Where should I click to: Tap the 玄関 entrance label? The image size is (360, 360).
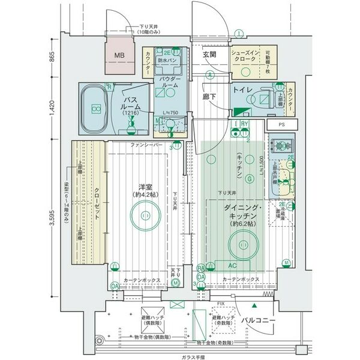pyautogui.click(x=209, y=55)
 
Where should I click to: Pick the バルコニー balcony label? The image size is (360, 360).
pyautogui.click(x=259, y=320)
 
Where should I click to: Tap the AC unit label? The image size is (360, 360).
pyautogui.click(x=231, y=265)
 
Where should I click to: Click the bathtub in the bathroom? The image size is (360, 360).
pyautogui.click(x=94, y=107)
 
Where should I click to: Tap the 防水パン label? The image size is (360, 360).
pyautogui.click(x=167, y=61)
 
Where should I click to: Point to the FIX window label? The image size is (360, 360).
pyautogui.click(x=221, y=304)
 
